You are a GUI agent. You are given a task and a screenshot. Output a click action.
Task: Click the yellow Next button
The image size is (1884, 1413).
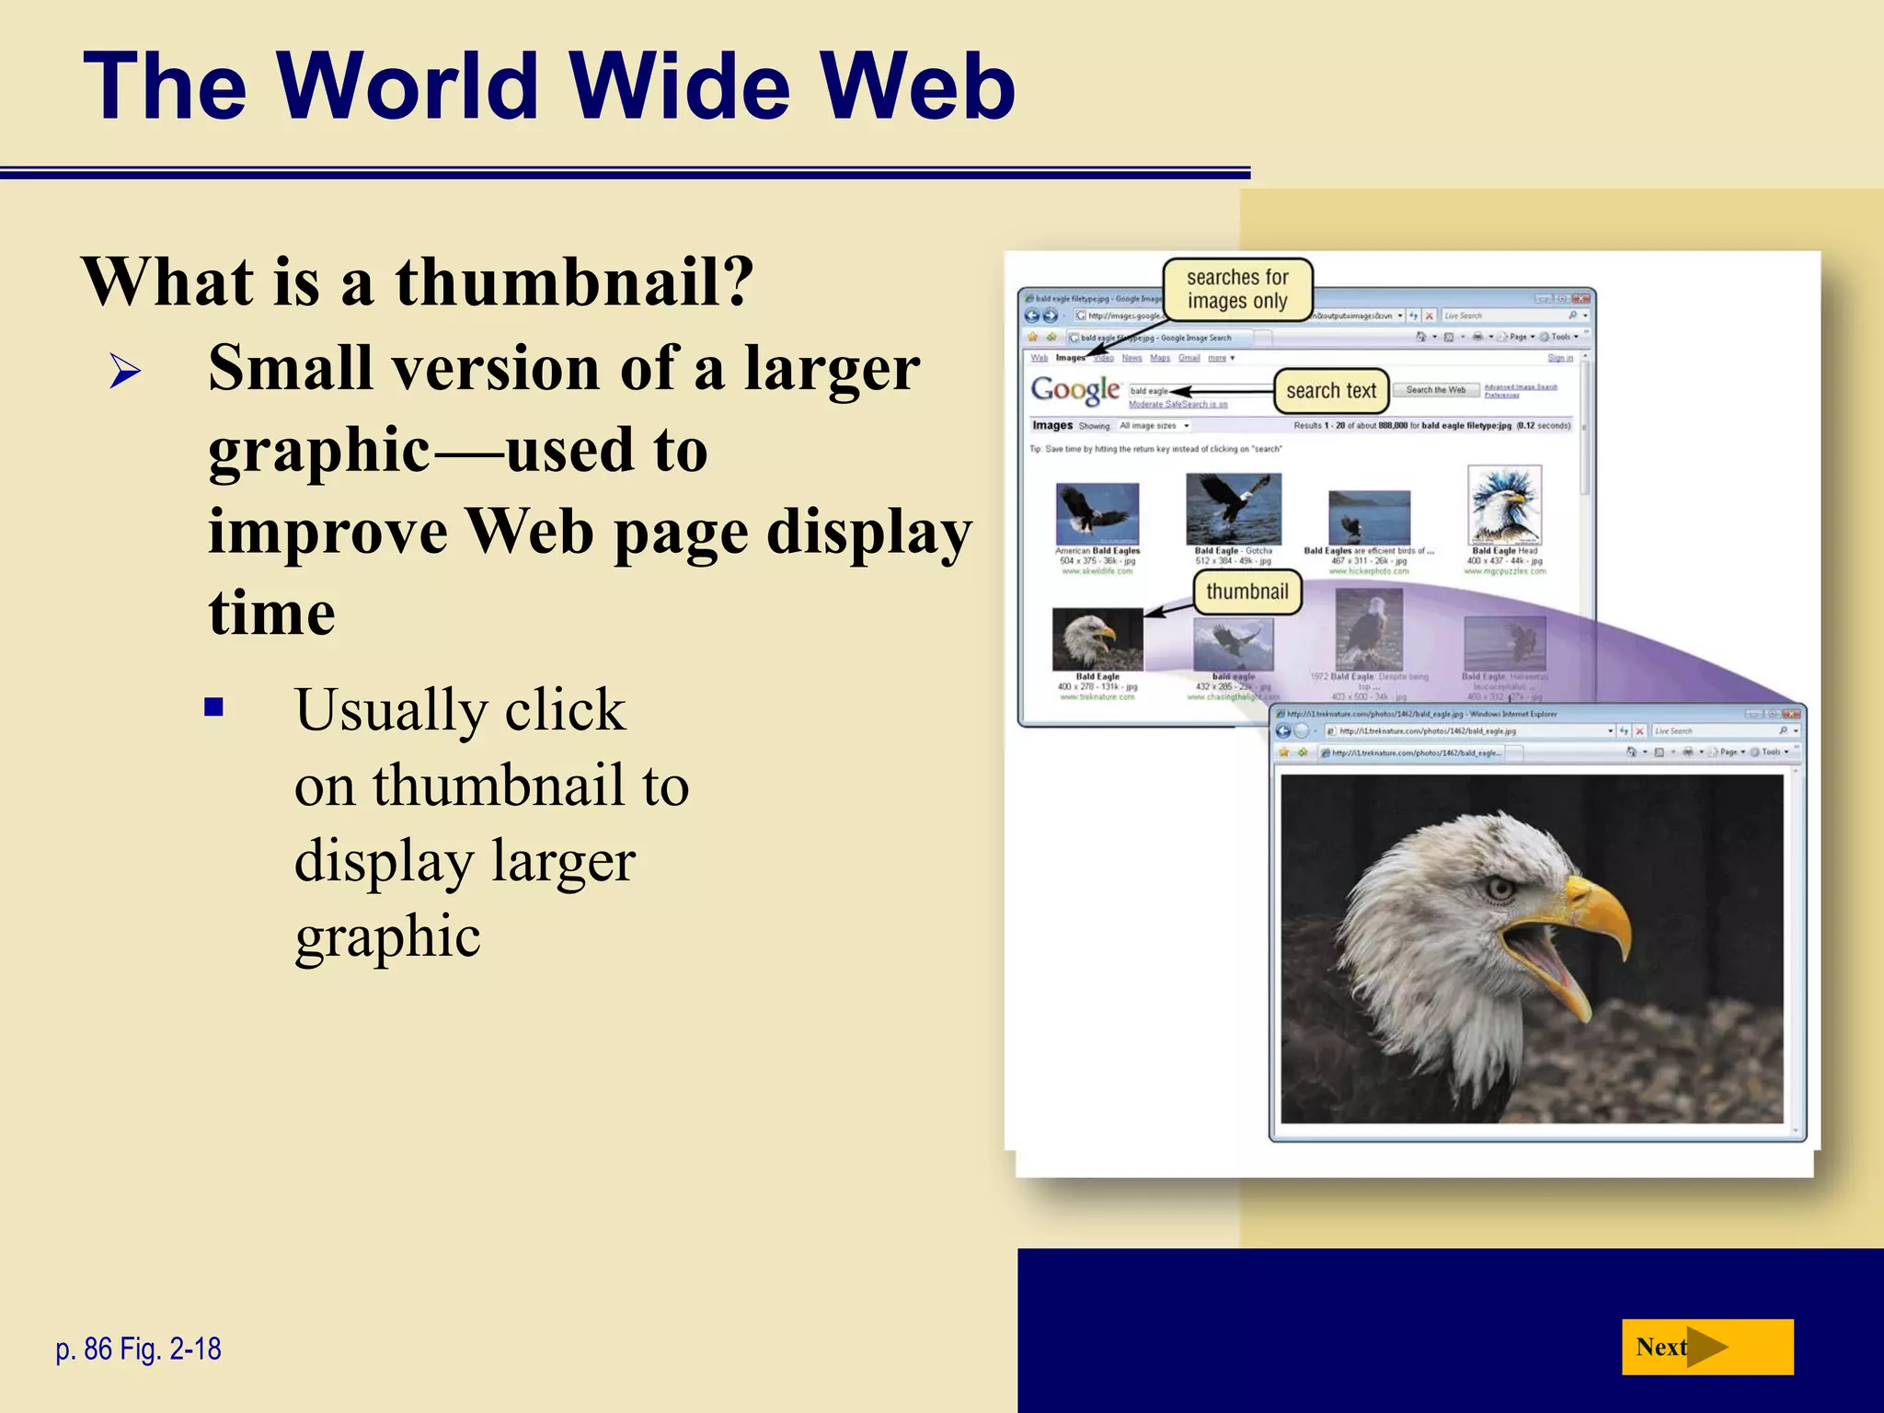(1706, 1347)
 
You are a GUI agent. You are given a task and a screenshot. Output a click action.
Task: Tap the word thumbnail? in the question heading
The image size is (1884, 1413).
(575, 281)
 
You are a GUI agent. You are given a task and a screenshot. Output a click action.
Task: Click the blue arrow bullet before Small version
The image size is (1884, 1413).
(125, 373)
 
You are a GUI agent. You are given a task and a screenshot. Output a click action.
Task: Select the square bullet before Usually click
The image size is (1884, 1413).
(214, 707)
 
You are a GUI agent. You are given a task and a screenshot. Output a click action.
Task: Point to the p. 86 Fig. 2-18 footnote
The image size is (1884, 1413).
(138, 1349)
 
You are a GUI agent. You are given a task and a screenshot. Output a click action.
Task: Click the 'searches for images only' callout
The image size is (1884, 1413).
(1236, 289)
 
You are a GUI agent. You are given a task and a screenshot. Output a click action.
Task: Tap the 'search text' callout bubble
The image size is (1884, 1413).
(1330, 391)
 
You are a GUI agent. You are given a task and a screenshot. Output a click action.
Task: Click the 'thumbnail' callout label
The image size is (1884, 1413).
(1246, 592)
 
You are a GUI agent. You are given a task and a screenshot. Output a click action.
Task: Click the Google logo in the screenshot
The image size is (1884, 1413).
(1074, 390)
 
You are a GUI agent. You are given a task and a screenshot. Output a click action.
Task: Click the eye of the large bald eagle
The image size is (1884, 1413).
(1500, 889)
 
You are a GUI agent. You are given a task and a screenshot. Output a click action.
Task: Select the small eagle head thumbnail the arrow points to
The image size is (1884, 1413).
(1097, 639)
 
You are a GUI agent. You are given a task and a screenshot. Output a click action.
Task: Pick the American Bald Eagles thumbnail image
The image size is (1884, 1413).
(1097, 511)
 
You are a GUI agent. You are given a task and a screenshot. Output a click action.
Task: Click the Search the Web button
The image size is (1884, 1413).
(1435, 390)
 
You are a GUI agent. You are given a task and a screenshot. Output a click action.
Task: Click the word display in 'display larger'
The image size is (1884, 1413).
(384, 862)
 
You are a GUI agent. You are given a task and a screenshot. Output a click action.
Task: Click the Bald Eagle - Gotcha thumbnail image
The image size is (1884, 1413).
(1233, 509)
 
